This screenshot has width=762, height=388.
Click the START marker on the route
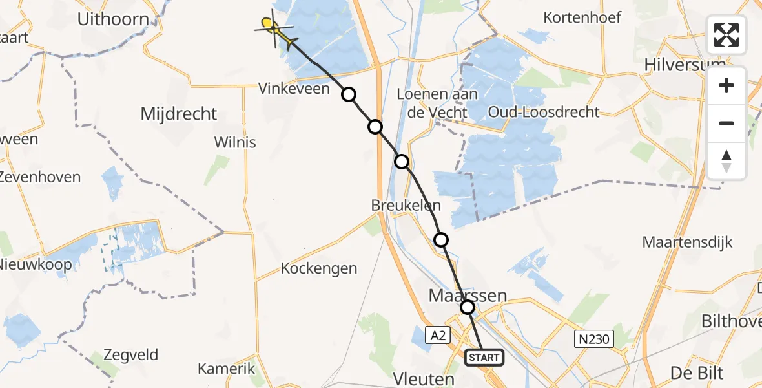click(x=484, y=358)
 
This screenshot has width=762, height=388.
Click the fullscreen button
click(x=726, y=35)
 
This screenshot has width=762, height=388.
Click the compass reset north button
click(x=726, y=161)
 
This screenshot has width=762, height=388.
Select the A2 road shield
click(x=438, y=335)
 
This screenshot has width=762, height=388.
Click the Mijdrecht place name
click(x=179, y=114)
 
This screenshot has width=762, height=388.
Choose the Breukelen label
click(x=406, y=206)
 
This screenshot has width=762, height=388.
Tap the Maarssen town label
click(x=468, y=296)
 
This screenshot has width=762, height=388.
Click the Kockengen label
click(x=319, y=268)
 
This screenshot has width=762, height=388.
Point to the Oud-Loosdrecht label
click(x=544, y=112)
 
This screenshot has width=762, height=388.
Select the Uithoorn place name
click(x=113, y=19)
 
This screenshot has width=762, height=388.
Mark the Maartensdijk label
click(x=687, y=242)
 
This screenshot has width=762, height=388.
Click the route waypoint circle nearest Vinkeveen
click(x=349, y=95)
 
